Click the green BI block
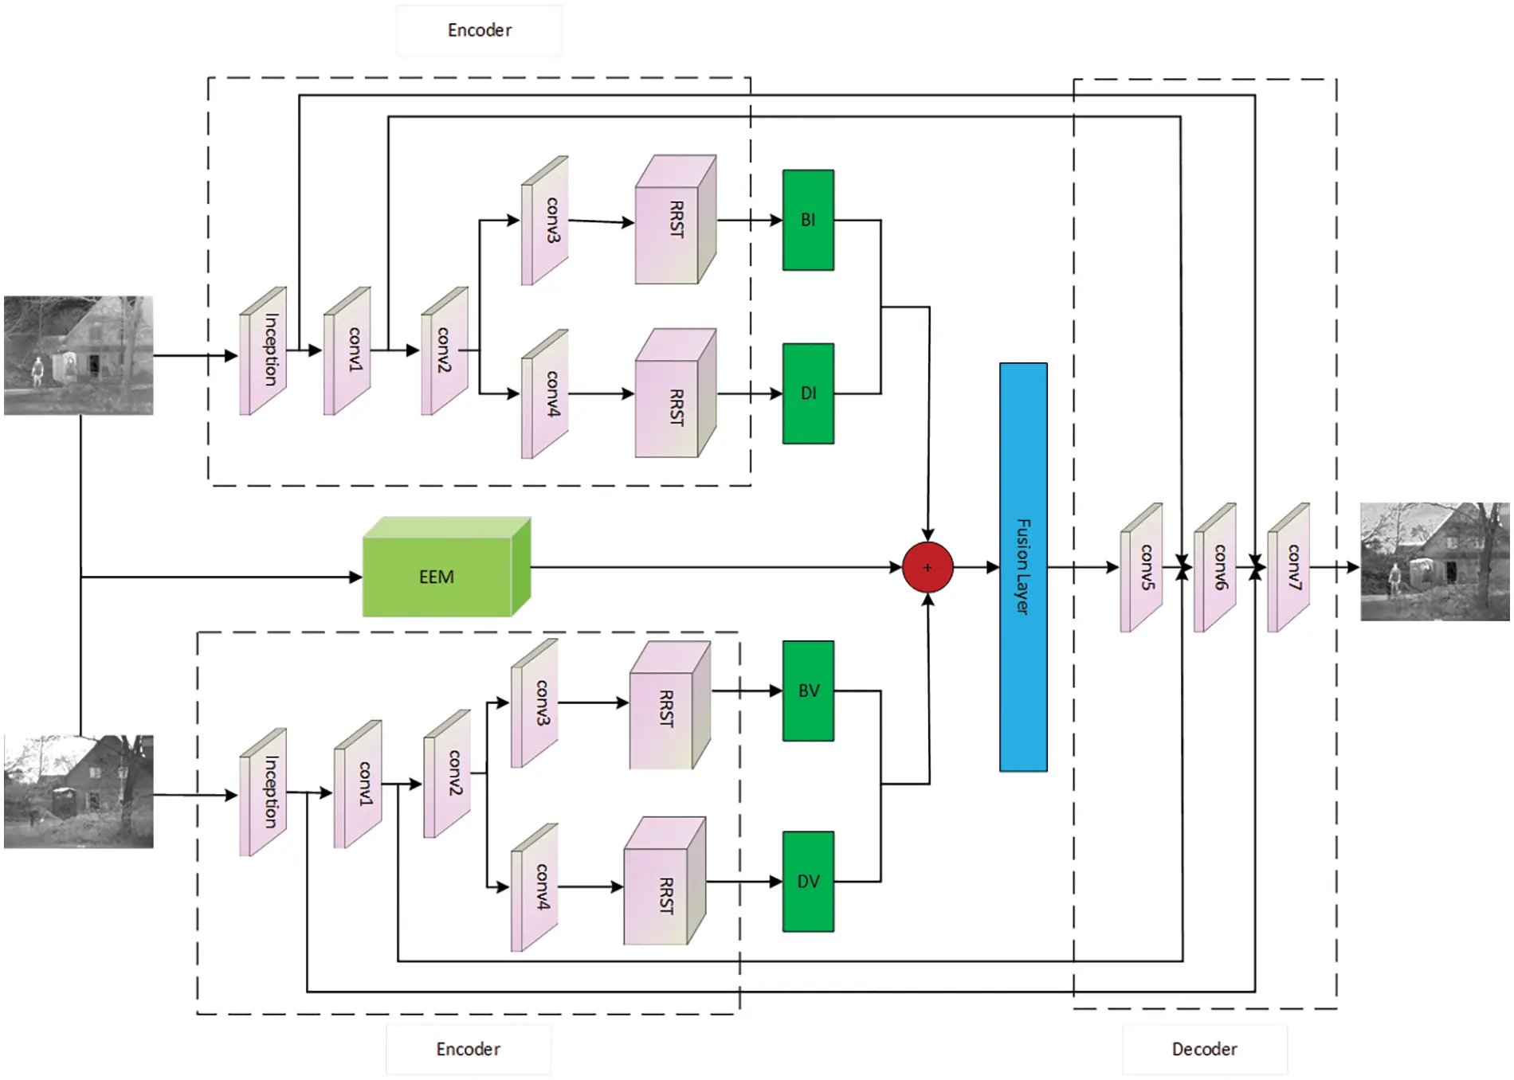coord(808,220)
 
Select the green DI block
coord(808,393)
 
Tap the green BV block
coord(808,691)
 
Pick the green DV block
coord(808,881)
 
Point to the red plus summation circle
coord(928,568)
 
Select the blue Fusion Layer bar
coord(1023,567)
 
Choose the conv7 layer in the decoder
coord(1288,568)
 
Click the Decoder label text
coord(1204,1049)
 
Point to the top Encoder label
coord(479,30)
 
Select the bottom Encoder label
coord(468,1049)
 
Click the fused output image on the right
coord(1434,562)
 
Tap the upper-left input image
coord(78,355)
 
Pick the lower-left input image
coord(78,791)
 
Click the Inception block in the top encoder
coord(264,351)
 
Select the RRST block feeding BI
coord(674,221)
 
